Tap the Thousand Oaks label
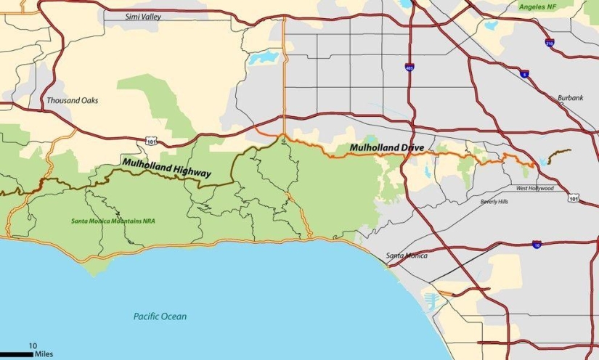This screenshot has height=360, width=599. click(72, 100)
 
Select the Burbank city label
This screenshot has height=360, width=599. click(570, 98)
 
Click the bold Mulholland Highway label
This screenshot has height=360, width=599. click(166, 168)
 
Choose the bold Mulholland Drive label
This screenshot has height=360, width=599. click(387, 148)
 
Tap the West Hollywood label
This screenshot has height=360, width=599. click(534, 188)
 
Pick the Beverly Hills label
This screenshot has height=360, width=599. click(494, 201)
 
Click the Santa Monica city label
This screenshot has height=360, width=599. click(407, 255)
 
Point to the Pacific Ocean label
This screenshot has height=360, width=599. click(160, 316)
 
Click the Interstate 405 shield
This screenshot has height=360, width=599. click(411, 67)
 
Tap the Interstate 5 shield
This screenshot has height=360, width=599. click(524, 74)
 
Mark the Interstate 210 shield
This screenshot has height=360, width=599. click(550, 43)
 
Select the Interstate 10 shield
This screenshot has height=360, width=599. click(536, 245)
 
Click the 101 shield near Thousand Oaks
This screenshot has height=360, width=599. click(150, 140)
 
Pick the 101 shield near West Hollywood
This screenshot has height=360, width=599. click(574, 198)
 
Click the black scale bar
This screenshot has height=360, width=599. click(16, 354)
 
